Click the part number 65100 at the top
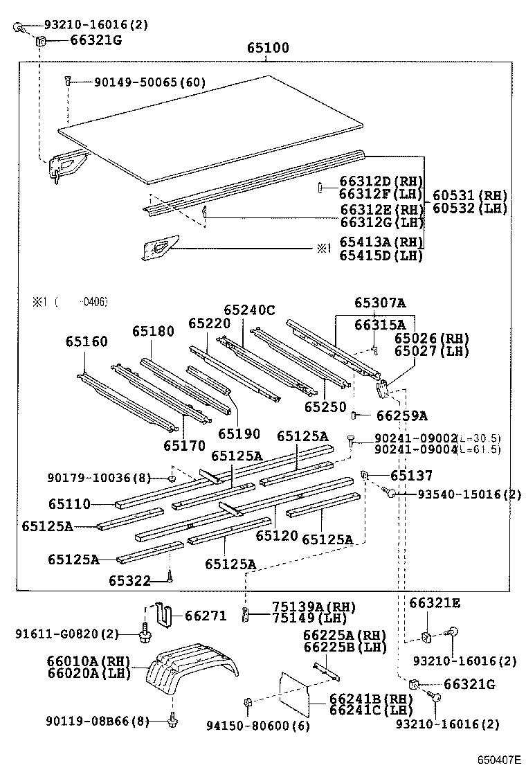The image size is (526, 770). [x=269, y=48]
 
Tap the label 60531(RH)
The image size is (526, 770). [x=470, y=195]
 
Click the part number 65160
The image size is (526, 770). [x=87, y=341]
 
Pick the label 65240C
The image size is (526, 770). [x=249, y=310]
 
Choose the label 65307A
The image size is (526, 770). [x=380, y=303]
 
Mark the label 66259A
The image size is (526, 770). [x=401, y=415]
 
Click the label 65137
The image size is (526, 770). [x=411, y=476]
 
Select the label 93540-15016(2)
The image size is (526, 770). [x=469, y=494]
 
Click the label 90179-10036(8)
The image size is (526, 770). [x=99, y=478]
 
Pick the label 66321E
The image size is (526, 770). [x=435, y=603]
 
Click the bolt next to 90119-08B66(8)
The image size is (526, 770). [x=170, y=722]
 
